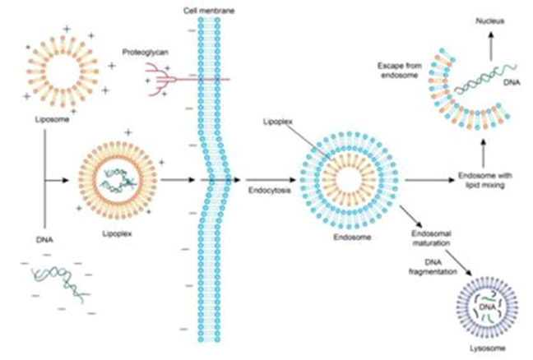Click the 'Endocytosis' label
click(266, 191)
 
